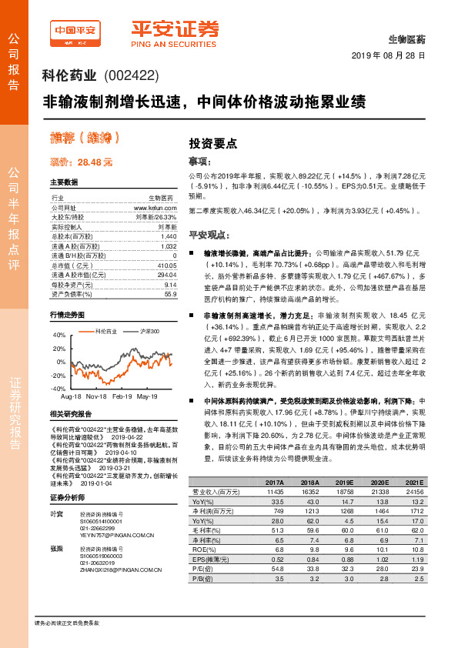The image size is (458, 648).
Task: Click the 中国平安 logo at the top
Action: click(x=75, y=32)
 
